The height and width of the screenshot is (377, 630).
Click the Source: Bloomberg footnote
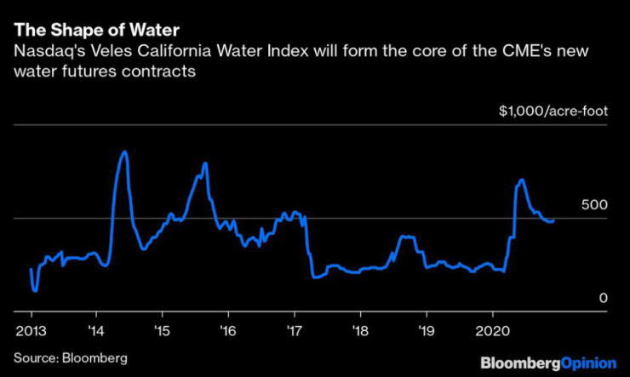click(x=70, y=357)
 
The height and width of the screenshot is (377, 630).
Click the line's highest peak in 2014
click(x=124, y=151)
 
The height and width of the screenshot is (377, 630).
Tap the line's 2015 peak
click(x=205, y=163)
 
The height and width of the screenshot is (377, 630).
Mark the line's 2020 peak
click(x=520, y=180)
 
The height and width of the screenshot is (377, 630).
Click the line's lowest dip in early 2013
click(x=35, y=290)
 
